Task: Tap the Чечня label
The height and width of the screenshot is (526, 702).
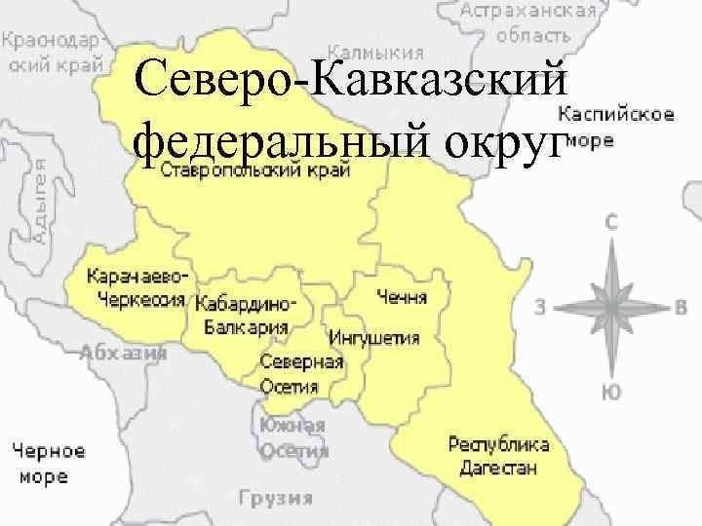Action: tap(403, 294)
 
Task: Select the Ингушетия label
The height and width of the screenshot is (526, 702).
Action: tap(374, 338)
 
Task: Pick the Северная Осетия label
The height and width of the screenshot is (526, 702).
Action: tap(301, 374)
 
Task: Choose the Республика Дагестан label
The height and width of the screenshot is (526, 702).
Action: tap(498, 455)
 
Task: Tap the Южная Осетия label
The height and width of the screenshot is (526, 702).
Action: tap(293, 437)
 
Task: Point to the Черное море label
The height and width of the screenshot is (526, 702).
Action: tap(48, 464)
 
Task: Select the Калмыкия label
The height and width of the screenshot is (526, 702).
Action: tap(375, 51)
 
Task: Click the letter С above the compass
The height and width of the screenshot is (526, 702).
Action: tap(611, 221)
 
